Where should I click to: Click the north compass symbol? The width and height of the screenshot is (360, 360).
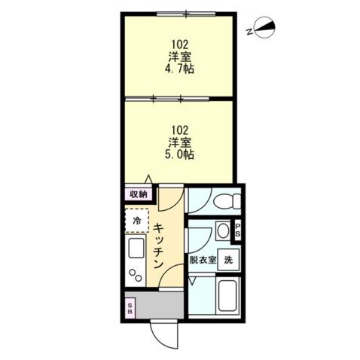tap(263, 29)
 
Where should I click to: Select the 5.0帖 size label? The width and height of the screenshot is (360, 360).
tap(181, 155)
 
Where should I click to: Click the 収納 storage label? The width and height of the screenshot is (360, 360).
tap(137, 194)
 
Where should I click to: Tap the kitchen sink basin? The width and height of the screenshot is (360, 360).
tap(136, 248)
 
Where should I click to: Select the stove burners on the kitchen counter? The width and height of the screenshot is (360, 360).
tap(136, 274)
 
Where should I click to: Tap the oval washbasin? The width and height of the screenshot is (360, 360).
tap(224, 230)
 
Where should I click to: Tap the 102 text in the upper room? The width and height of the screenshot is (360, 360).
tap(179, 43)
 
